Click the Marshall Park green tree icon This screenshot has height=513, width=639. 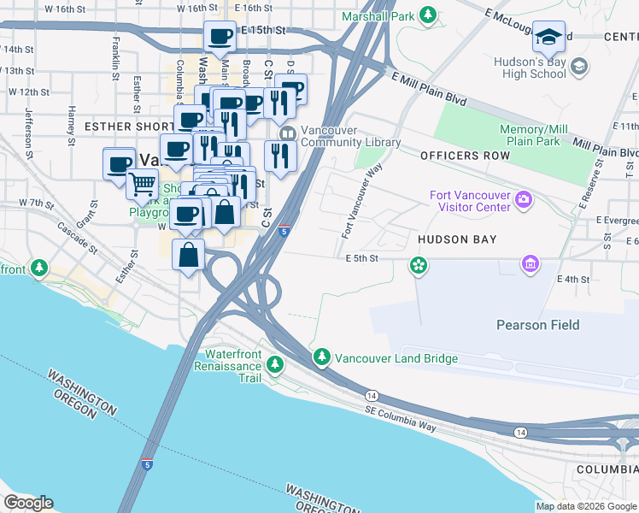pos(430,15)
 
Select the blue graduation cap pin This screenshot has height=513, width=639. pos(548,36)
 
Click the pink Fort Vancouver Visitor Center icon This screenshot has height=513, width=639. pos(524,201)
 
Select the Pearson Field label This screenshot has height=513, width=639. pos(537,325)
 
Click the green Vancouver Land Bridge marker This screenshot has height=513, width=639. pos(321,357)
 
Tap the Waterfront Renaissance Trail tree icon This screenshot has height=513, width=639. pos(275,366)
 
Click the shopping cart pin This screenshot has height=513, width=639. pos(142,182)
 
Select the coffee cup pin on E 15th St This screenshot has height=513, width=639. pos(220,36)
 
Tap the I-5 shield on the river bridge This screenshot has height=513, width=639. pos(147,464)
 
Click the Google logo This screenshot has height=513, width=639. pos(28,503)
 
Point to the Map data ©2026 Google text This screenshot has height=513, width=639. pos(586,506)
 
